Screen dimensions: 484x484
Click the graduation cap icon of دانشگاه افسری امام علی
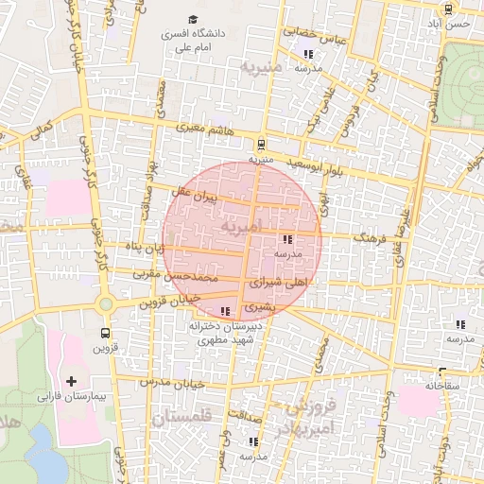pos(194,20)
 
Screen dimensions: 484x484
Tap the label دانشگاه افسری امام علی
pos(195,40)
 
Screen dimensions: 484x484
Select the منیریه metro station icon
pos(261,145)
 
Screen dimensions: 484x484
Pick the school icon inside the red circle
pos(287,240)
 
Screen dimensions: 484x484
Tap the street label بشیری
pos(260,307)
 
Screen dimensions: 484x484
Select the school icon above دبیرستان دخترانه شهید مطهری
pos(224,311)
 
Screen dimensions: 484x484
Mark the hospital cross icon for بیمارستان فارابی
pos(70,380)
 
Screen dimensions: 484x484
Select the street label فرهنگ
pos(371,240)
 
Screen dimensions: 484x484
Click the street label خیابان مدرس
pos(173,382)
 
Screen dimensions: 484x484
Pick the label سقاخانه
pos(441,386)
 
